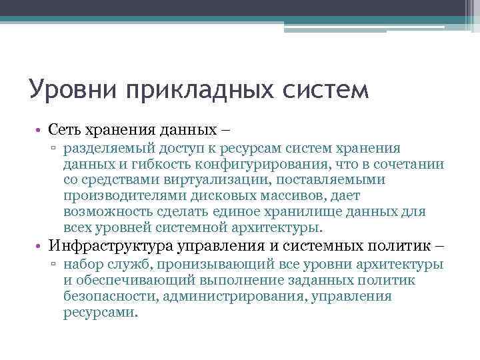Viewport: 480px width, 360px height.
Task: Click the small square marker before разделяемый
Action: (x=55, y=149)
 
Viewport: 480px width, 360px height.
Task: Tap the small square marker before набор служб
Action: (x=55, y=265)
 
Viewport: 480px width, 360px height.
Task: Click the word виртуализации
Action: (x=203, y=180)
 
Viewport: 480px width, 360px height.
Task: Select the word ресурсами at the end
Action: (x=100, y=311)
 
